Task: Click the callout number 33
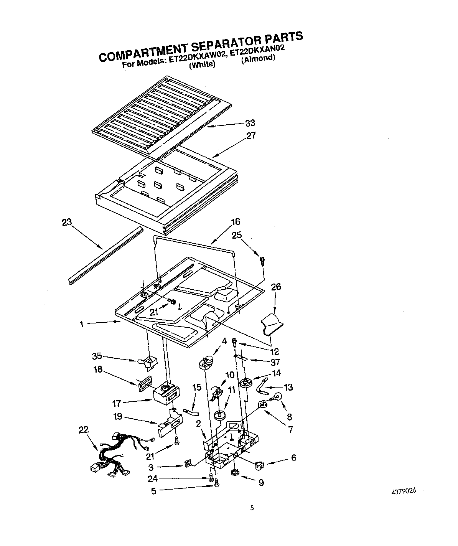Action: (250, 123)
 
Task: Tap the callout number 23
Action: (67, 223)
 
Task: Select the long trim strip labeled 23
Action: (104, 253)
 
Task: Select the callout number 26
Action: (276, 287)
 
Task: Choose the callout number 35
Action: (97, 356)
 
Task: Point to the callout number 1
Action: (81, 324)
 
